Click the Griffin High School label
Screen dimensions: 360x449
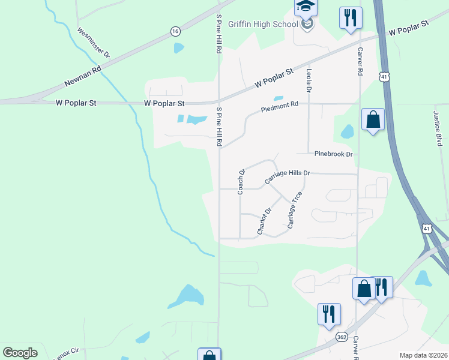click(x=264, y=25)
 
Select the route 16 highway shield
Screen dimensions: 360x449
click(x=175, y=31)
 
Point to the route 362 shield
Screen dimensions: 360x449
click(x=342, y=337)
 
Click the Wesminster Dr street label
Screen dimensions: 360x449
click(x=94, y=41)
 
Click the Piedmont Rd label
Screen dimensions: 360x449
click(x=279, y=107)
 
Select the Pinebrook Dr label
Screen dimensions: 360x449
click(x=333, y=154)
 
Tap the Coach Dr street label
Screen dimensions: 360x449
click(x=242, y=181)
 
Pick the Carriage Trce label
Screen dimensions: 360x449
click(x=294, y=211)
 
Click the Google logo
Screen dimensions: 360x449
click(x=20, y=353)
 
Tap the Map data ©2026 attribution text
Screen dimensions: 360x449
click(x=423, y=355)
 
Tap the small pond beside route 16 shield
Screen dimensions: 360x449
click(x=179, y=47)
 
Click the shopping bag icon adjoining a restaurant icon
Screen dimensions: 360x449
click(x=364, y=289)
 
